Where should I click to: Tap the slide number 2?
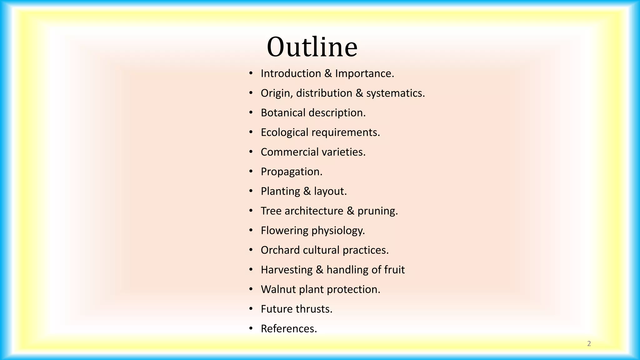(x=589, y=344)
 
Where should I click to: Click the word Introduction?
(x=291, y=73)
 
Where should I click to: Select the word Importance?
(x=365, y=74)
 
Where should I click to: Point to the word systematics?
(x=396, y=93)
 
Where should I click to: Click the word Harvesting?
(x=287, y=270)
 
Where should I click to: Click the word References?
(x=289, y=329)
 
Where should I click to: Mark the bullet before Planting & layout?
(x=251, y=191)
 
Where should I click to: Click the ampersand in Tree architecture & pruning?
(x=351, y=211)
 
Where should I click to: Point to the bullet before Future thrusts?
(x=251, y=309)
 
